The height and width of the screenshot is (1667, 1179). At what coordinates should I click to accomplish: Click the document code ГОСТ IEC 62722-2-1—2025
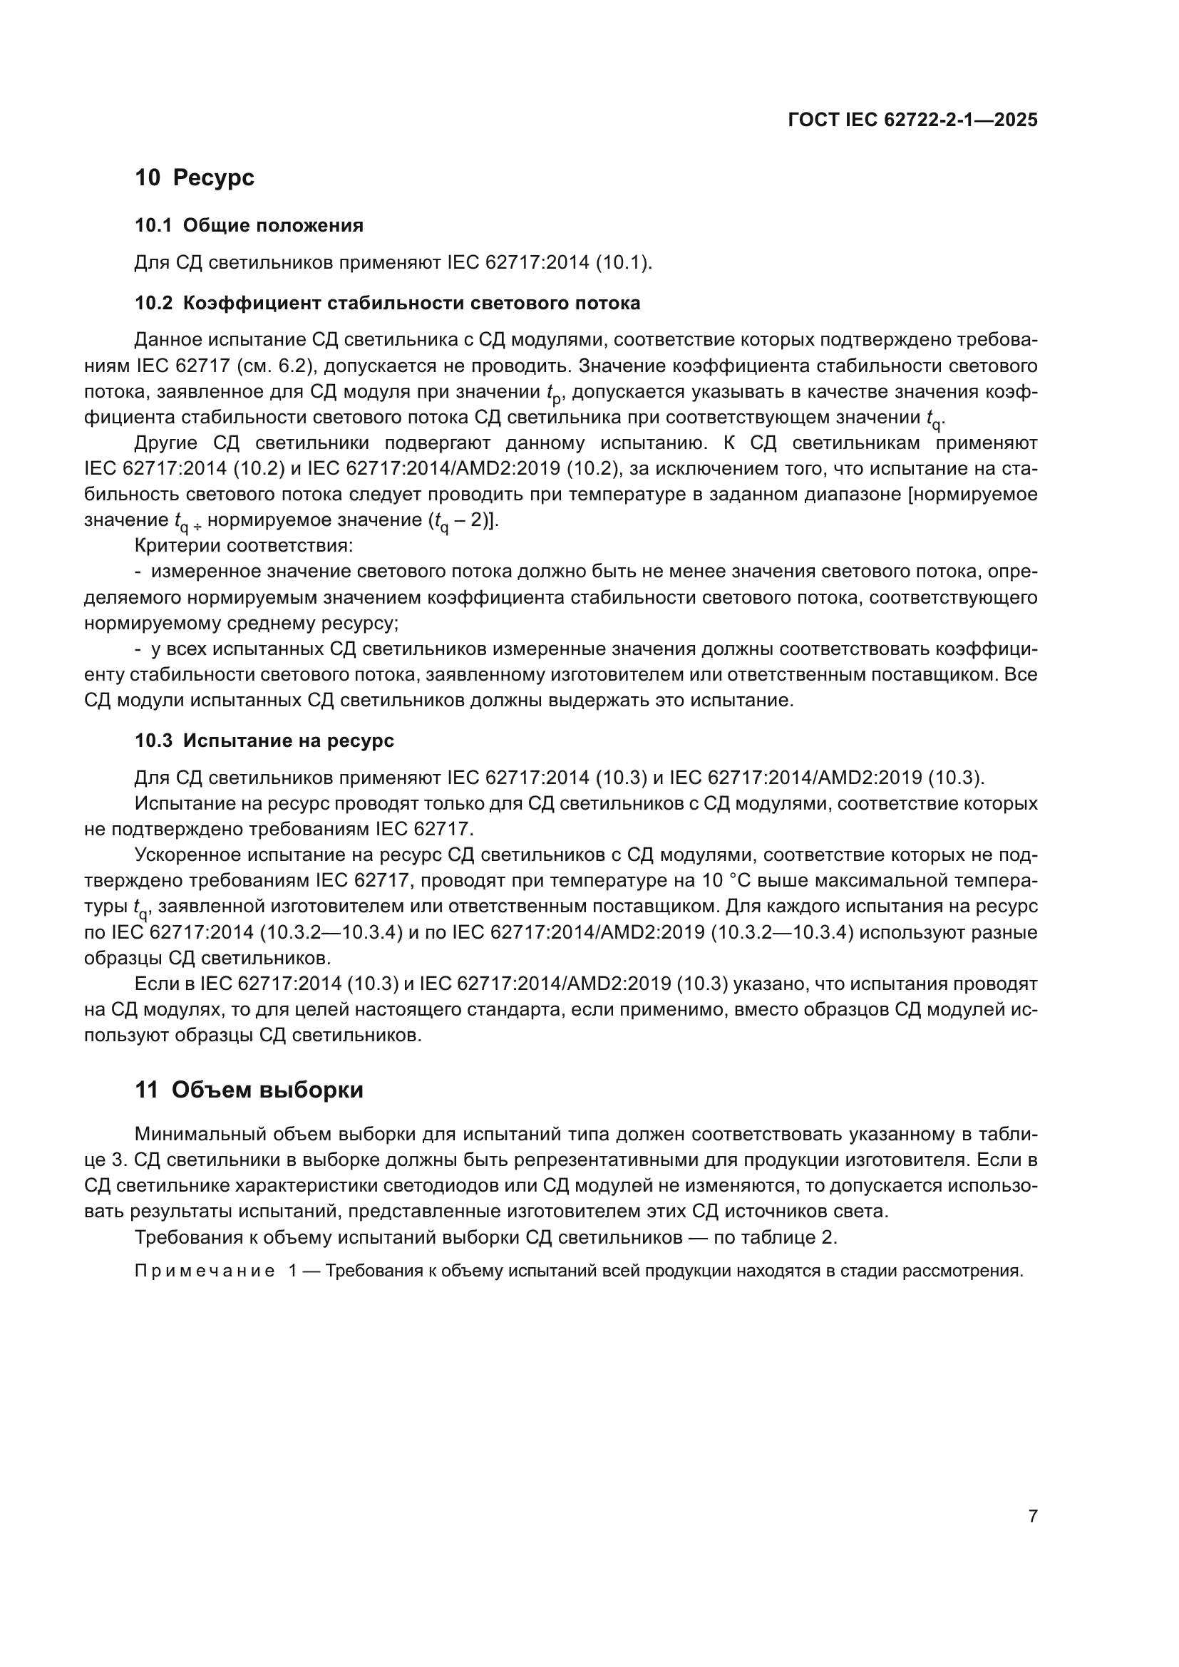pyautogui.click(x=912, y=120)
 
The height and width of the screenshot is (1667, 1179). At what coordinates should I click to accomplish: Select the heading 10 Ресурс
pyautogui.click(x=195, y=177)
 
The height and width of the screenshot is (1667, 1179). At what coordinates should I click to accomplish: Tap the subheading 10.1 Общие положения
pyautogui.click(x=249, y=226)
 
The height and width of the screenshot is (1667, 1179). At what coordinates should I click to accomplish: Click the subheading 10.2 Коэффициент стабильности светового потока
pyautogui.click(x=388, y=303)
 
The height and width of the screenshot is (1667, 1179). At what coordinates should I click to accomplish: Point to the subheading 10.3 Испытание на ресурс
pyautogui.click(x=264, y=740)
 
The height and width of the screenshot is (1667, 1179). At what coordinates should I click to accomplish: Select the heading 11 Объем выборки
pyautogui.click(x=249, y=1090)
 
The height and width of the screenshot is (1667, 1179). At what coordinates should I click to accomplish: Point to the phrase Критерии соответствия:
pyautogui.click(x=244, y=545)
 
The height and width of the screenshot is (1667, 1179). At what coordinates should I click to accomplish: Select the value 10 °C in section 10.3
pyautogui.click(x=728, y=881)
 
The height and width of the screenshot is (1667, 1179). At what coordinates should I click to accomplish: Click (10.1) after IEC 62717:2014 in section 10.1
pyautogui.click(x=624, y=263)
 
